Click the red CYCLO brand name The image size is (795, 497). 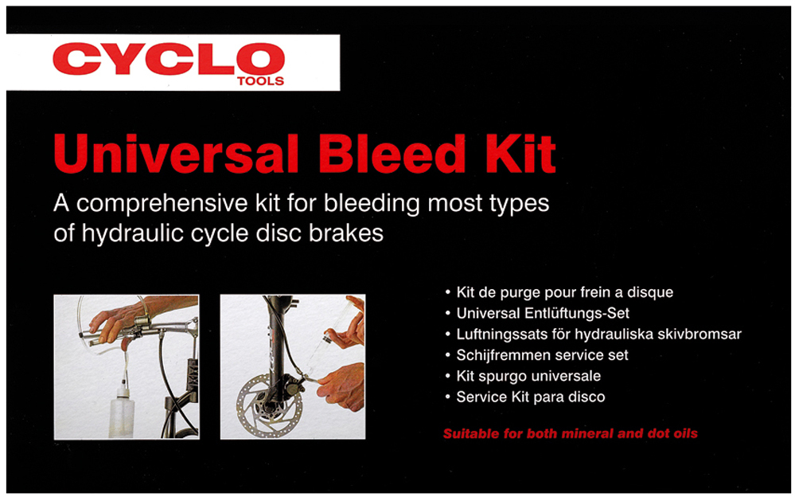click(169, 58)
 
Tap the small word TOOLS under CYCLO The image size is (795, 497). click(260, 81)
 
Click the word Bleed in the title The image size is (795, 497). click(392, 154)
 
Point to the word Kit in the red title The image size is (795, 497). click(520, 154)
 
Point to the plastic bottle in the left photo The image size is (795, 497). click(122, 413)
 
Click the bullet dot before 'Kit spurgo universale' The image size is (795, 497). click(448, 377)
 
